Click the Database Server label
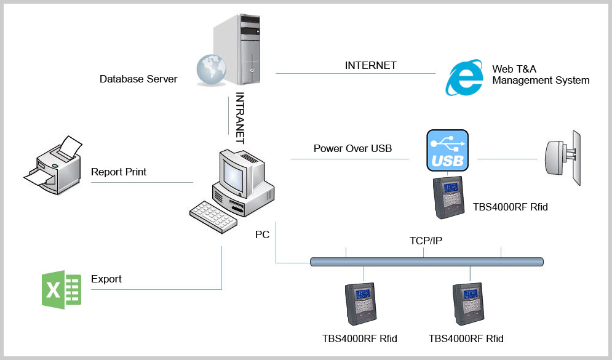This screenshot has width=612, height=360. click(x=138, y=79)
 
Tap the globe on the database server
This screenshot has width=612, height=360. click(x=211, y=70)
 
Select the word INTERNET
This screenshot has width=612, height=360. click(x=370, y=65)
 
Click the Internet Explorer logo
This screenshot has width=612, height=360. click(x=464, y=78)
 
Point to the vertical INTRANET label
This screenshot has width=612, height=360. click(x=240, y=118)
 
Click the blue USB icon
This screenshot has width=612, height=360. click(x=447, y=150)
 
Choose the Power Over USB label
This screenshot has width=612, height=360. click(x=352, y=148)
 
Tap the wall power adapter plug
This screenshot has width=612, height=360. click(x=562, y=158)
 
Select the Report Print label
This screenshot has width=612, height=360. click(x=118, y=172)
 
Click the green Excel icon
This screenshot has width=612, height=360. click(x=62, y=290)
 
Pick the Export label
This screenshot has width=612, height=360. click(x=106, y=279)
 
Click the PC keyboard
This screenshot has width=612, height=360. click(x=213, y=217)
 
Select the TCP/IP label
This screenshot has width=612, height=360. click(x=426, y=241)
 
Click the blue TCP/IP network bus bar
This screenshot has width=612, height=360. click(x=427, y=262)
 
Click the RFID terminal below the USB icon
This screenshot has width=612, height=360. click(x=449, y=197)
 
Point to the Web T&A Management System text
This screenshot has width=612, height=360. click(x=541, y=74)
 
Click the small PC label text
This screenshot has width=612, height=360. click(x=262, y=234)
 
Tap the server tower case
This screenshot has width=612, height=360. click(x=237, y=49)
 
